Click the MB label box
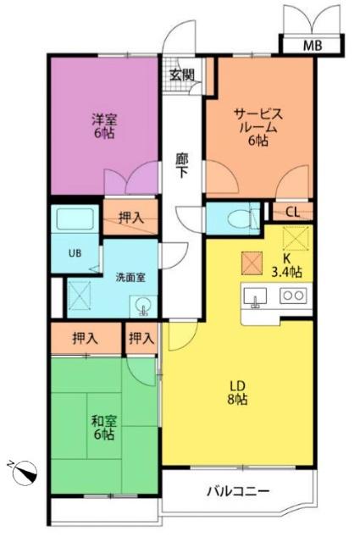click(312, 46)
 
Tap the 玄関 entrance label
click(181, 75)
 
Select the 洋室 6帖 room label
click(104, 125)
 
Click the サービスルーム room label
click(258, 126)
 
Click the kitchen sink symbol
click(257, 296)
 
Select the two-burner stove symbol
click(292, 296)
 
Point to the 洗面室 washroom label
click(130, 276)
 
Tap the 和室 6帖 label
click(103, 426)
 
